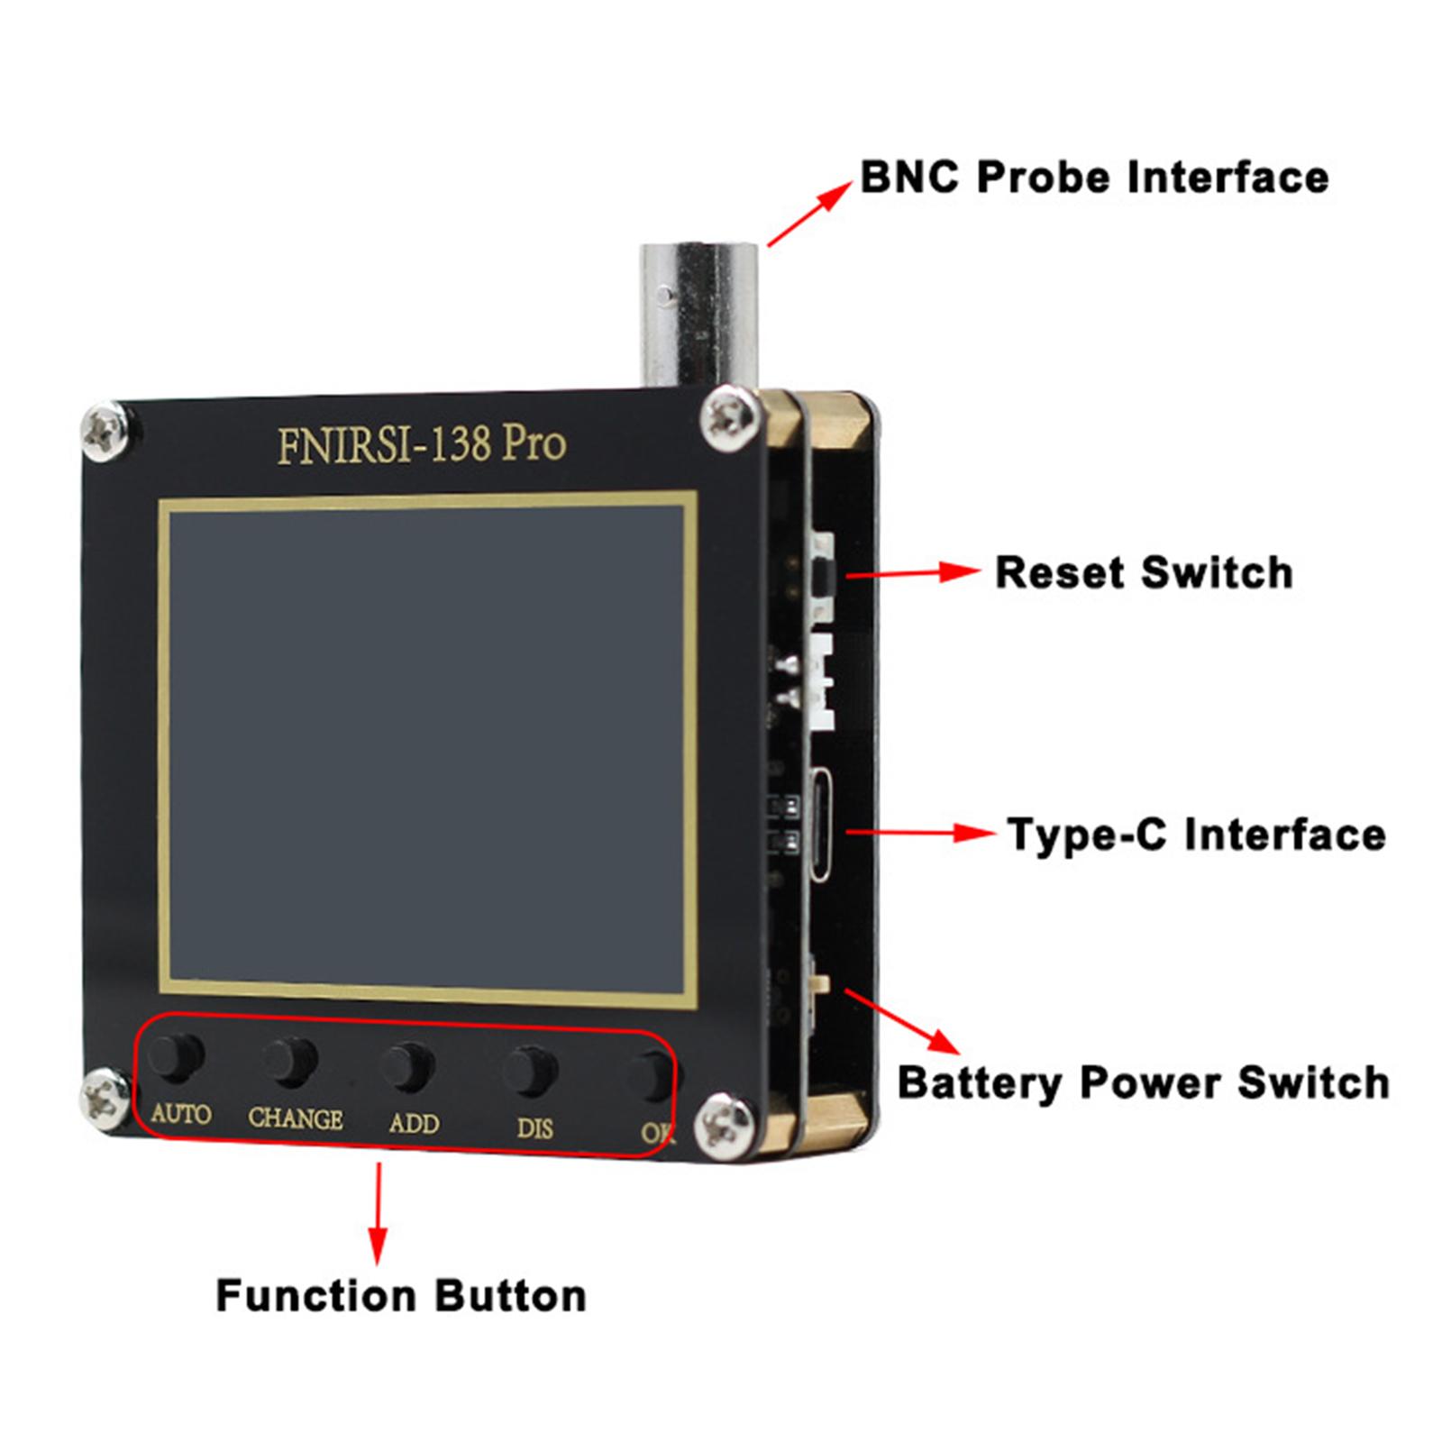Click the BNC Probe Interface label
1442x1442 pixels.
coord(1093,177)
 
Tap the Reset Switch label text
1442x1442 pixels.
coord(1143,573)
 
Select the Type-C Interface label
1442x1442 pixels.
coord(1195,835)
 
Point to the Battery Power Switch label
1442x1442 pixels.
coord(1143,1082)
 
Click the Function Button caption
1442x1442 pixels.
coord(401,1296)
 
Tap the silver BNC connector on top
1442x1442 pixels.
coord(699,311)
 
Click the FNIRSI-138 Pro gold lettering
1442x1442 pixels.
coord(421,444)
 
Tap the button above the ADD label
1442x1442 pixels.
coord(407,1066)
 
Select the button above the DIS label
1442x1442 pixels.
coord(530,1069)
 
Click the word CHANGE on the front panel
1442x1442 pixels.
coord(295,1118)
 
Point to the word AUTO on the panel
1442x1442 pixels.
coord(180,1114)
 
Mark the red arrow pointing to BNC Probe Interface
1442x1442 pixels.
coord(808,213)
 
